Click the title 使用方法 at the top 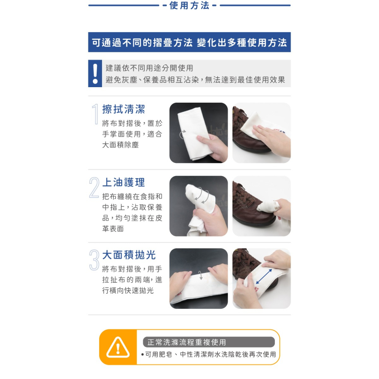tap(189, 5)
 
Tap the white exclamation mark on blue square tap(95, 74)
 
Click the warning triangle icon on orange tap(118, 347)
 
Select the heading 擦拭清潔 tap(124, 109)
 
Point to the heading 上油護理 tap(124, 182)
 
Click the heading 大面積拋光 tap(129, 255)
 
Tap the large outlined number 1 tap(96, 114)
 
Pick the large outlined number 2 tap(94, 188)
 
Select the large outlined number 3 tap(94, 260)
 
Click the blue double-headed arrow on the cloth tap(264, 276)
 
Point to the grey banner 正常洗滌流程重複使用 tap(209, 342)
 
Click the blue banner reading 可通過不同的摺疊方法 tap(189, 42)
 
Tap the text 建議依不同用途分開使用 tap(149, 68)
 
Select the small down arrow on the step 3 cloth tap(200, 275)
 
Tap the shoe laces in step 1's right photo tap(240, 116)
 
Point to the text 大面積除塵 tap(121, 145)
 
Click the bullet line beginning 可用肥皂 tap(208, 354)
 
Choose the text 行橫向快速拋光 tap(128, 290)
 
